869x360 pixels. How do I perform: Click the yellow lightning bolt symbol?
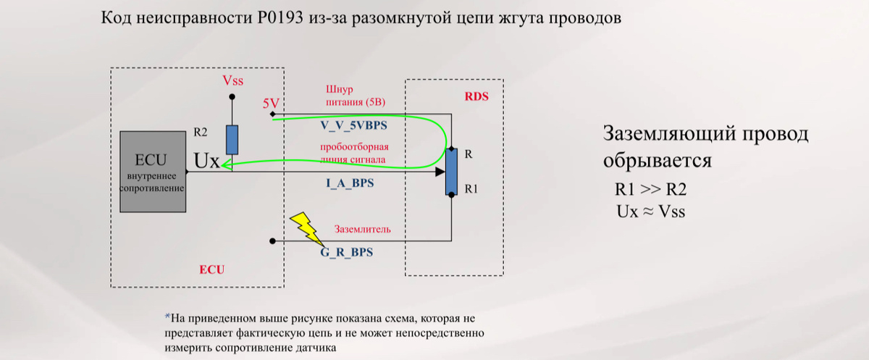(x=308, y=227)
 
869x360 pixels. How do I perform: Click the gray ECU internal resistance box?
(x=153, y=172)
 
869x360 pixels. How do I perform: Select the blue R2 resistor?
(x=232, y=139)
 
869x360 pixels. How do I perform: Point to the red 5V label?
(x=272, y=104)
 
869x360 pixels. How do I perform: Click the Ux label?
(x=207, y=161)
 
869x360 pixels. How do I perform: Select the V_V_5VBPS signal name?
(x=353, y=125)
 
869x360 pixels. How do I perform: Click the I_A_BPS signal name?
(x=350, y=184)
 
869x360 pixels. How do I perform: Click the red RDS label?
(x=476, y=97)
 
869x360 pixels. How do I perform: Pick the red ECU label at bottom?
(x=211, y=269)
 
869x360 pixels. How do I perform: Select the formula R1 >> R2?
(x=650, y=191)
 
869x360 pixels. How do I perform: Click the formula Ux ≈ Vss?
(x=650, y=212)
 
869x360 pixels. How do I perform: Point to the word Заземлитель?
(x=363, y=230)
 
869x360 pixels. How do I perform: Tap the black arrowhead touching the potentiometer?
(x=440, y=172)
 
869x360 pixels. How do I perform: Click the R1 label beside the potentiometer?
(x=471, y=188)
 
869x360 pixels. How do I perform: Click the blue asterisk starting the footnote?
(x=167, y=317)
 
